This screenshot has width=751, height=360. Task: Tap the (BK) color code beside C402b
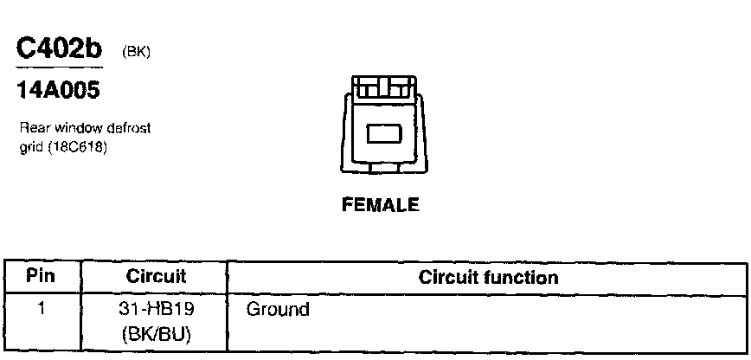tap(137, 52)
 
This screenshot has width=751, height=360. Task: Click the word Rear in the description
tap(33, 128)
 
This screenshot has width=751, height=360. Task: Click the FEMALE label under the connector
tap(380, 205)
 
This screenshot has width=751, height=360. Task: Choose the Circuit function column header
tap(488, 278)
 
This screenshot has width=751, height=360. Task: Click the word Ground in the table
tap(278, 308)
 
